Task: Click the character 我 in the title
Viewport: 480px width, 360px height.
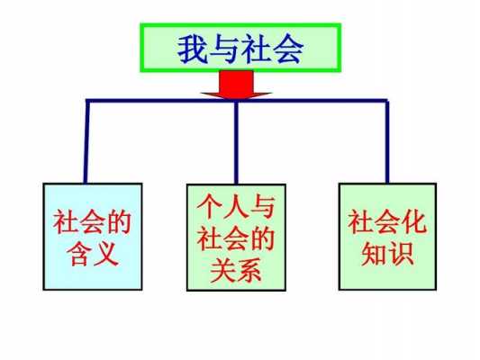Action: [192, 49]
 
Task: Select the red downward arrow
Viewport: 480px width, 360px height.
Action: [236, 85]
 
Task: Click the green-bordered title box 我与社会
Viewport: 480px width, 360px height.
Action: [240, 48]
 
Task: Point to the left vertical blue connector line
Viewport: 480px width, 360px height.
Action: [86, 141]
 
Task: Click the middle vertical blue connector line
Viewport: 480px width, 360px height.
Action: [236, 141]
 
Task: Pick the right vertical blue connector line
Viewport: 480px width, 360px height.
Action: [387, 141]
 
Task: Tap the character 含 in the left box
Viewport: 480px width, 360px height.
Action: [79, 254]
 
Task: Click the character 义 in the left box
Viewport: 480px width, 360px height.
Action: [106, 254]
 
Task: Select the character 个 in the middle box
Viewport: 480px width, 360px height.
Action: [210, 207]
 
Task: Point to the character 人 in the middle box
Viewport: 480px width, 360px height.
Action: [236, 207]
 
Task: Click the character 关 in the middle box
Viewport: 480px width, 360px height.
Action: [222, 270]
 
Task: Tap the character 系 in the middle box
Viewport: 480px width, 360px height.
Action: [249, 270]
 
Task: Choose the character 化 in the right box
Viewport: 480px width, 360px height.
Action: [414, 221]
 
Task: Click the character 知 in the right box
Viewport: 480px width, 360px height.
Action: [374, 254]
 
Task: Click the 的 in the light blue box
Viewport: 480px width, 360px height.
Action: [119, 221]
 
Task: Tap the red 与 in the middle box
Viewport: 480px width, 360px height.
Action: [262, 207]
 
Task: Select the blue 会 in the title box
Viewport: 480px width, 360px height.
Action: [289, 49]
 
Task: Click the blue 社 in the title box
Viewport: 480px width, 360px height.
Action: [257, 49]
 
